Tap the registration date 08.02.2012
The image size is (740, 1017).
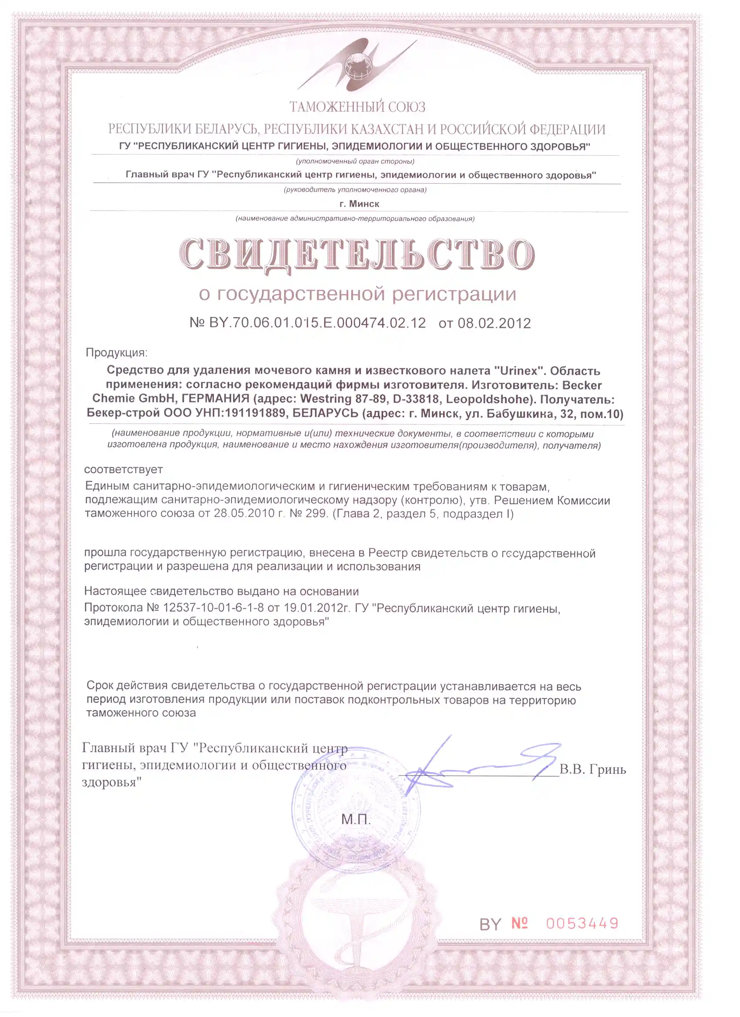pos(494,323)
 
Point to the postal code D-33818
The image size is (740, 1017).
pos(416,398)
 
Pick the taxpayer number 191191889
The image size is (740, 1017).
pos(256,413)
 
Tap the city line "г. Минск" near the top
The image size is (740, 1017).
pos(359,204)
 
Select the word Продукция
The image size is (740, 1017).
pos(116,352)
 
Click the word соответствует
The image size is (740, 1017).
pos(124,469)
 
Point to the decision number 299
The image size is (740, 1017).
pos(316,513)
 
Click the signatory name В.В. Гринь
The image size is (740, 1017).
pos(592,769)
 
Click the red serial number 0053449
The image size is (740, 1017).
pos(582,923)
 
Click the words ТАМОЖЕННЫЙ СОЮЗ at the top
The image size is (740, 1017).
pos(357,107)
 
